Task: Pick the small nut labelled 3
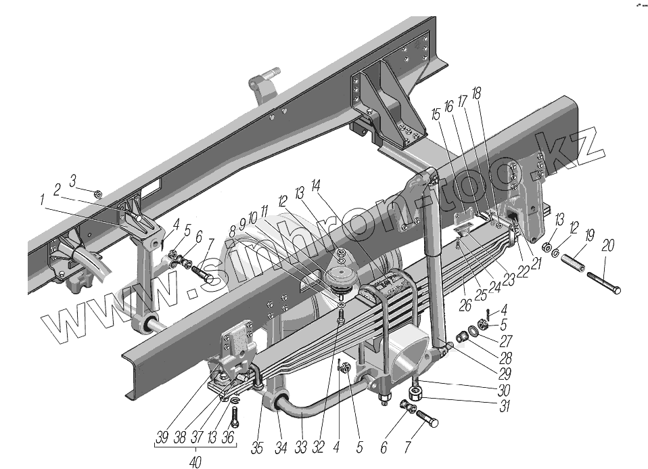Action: click(97, 195)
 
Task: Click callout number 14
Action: click(316, 185)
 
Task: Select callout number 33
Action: click(299, 447)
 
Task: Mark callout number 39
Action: click(162, 438)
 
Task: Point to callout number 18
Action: click(477, 94)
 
